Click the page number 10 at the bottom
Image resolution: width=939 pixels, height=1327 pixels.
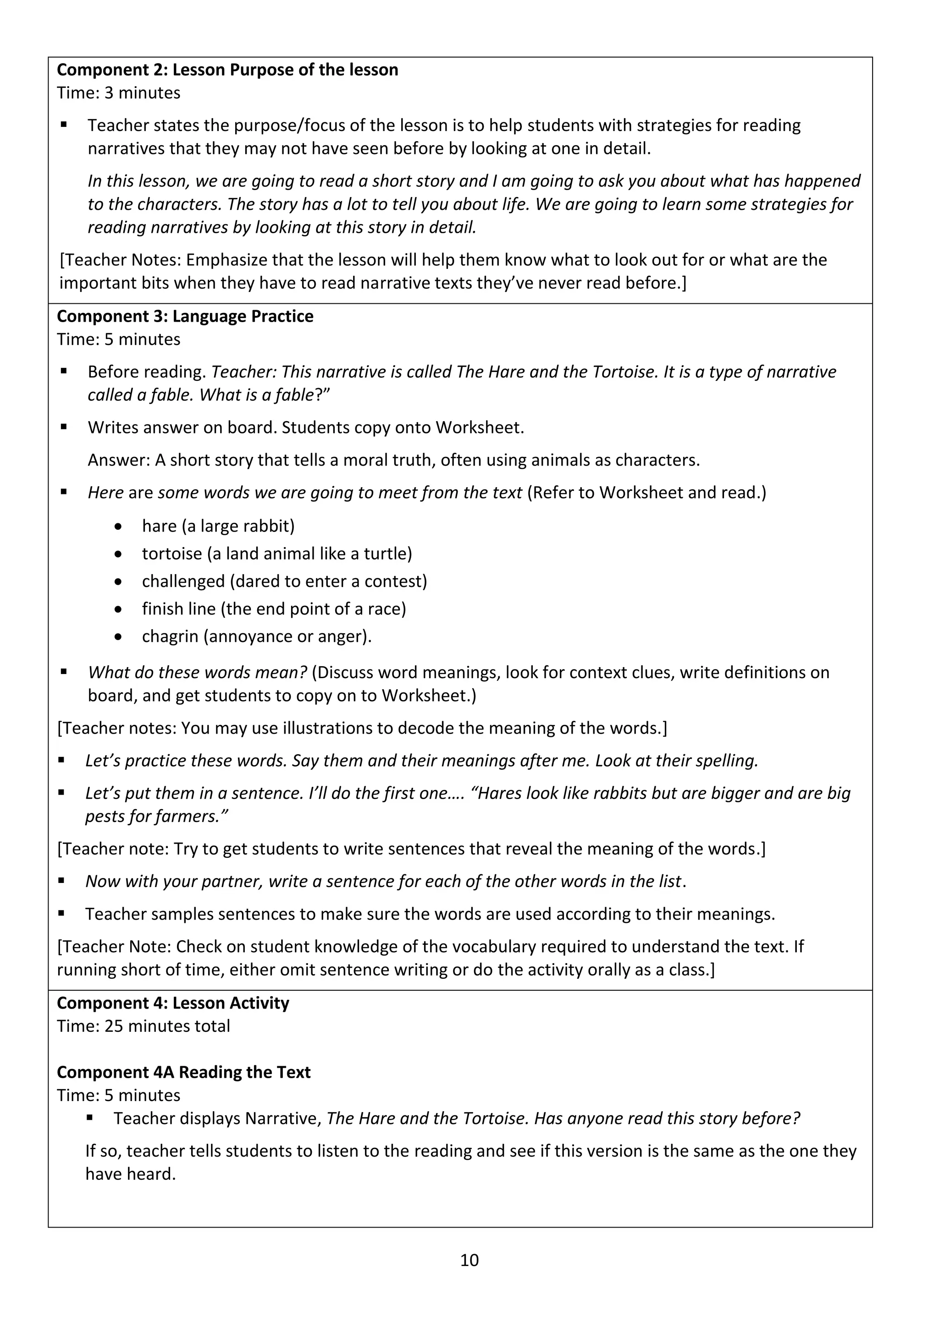click(x=469, y=1260)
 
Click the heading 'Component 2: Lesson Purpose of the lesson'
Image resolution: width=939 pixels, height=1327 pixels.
click(x=227, y=70)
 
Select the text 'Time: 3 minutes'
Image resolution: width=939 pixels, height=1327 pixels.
click(x=119, y=93)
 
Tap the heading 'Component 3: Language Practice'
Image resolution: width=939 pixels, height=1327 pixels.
click(x=185, y=316)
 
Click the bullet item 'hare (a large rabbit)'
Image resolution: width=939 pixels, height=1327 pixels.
click(x=218, y=526)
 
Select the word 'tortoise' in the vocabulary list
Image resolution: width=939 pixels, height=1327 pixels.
click(x=172, y=554)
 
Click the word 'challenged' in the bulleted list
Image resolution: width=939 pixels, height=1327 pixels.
click(x=183, y=581)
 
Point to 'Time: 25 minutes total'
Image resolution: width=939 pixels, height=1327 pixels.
click(x=144, y=1026)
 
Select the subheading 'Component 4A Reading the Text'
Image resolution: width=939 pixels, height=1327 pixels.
click(x=183, y=1072)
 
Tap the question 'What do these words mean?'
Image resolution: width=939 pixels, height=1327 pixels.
click(x=197, y=672)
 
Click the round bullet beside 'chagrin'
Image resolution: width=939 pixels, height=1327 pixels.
click(x=119, y=637)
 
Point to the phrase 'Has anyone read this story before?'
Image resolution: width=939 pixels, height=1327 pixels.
click(x=667, y=1119)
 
